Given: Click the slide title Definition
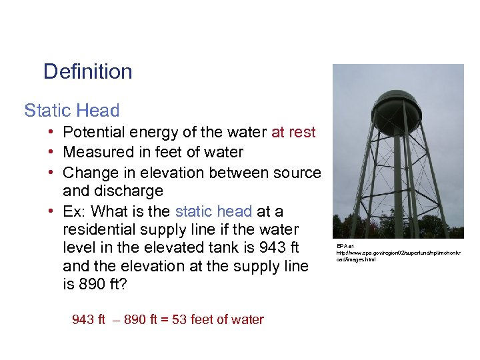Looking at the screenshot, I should (x=87, y=71).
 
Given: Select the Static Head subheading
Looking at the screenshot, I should (x=72, y=110).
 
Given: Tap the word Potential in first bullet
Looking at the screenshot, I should (x=93, y=132).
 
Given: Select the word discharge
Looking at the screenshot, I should (x=131, y=191).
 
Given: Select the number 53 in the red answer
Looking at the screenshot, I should (x=179, y=319).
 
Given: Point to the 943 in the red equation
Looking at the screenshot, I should (x=83, y=319).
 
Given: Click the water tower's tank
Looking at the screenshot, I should (x=396, y=111).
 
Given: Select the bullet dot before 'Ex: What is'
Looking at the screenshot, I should (x=51, y=211).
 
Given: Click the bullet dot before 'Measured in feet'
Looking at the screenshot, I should (x=51, y=152).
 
